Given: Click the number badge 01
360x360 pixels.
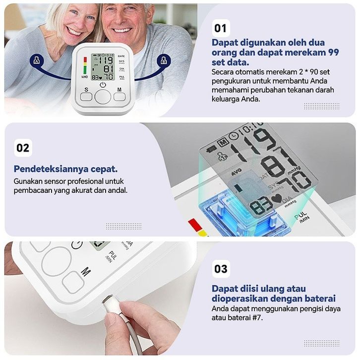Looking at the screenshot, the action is (221, 28).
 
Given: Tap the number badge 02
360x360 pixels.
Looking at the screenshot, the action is (23, 148).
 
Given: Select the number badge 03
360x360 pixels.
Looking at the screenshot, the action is (221, 269).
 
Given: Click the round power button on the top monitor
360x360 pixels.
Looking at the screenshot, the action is (103, 97).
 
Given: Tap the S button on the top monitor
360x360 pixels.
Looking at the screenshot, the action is (86, 97).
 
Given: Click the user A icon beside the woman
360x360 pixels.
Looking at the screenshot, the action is (37, 61).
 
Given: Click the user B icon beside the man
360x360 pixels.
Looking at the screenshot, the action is (164, 61).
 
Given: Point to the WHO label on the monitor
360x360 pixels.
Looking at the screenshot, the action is (84, 77).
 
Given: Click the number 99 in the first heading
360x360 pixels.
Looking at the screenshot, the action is (334, 53).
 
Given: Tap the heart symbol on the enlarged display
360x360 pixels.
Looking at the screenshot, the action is (277, 198).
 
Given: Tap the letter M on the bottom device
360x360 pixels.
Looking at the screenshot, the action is (86, 272).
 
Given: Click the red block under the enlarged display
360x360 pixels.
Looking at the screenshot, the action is (195, 224).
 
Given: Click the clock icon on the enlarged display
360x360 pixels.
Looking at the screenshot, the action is (234, 136).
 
